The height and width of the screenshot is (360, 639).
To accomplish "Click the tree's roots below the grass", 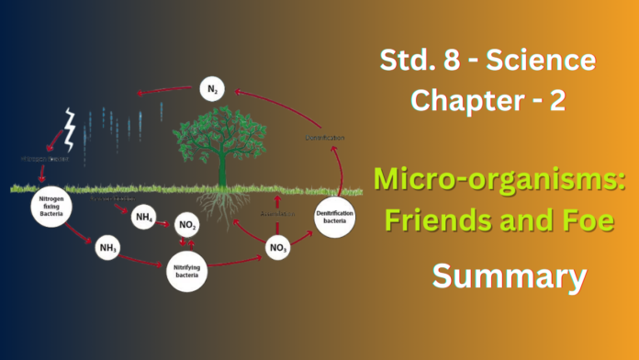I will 221,206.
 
